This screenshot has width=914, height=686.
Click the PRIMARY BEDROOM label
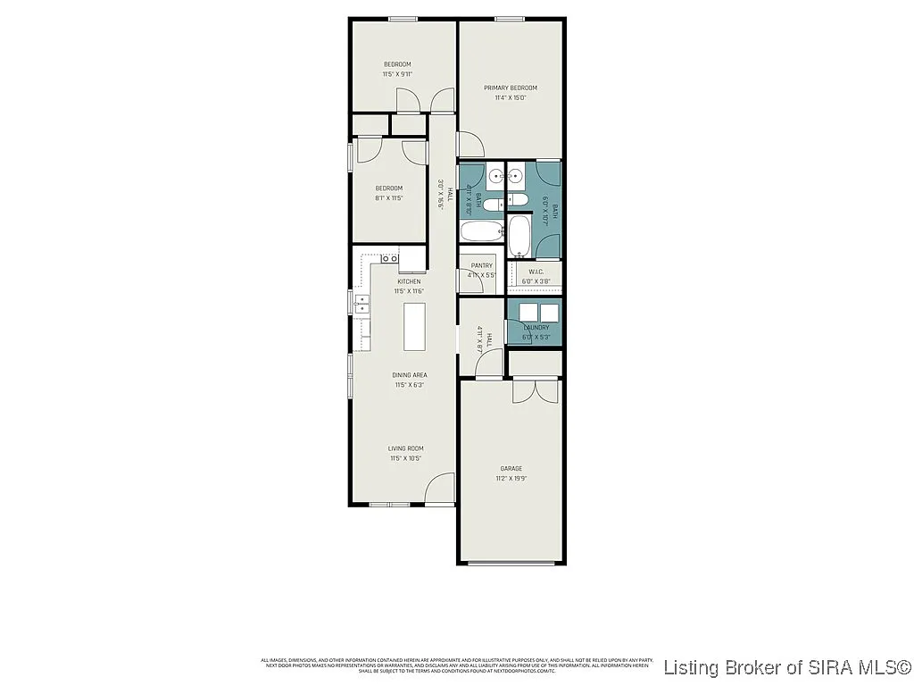[511, 88]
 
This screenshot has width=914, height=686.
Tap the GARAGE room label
[511, 468]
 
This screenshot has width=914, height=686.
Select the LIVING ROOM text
[405, 448]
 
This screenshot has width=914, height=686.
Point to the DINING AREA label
[410, 375]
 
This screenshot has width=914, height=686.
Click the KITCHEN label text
[409, 281]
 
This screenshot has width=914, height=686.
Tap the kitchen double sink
[361, 305]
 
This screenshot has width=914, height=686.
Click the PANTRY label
[482, 265]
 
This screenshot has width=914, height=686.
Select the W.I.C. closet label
[536, 272]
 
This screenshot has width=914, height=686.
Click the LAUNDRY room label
[536, 328]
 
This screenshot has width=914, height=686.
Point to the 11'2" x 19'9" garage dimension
[511, 478]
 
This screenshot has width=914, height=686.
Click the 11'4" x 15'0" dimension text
[511, 97]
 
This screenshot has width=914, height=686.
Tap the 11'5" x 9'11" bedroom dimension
[397, 74]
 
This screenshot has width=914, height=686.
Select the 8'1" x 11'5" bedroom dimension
[388, 197]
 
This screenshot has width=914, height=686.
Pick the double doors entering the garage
[536, 391]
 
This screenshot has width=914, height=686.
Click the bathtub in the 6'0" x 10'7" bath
[519, 237]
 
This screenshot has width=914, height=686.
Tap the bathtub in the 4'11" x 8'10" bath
[480, 234]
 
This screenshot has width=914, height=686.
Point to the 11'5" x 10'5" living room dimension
[405, 458]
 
